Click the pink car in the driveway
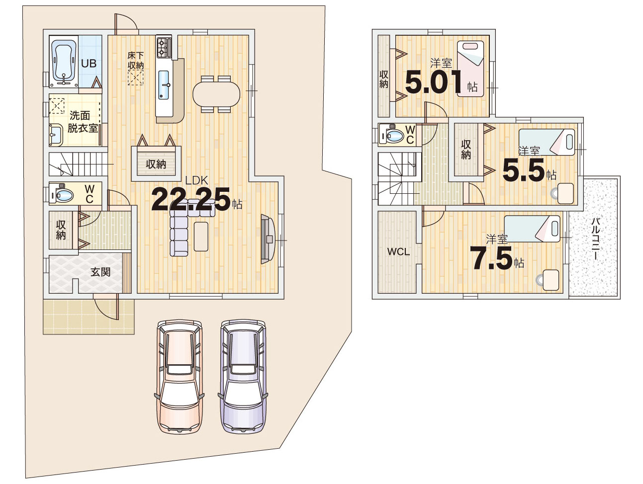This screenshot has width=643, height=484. point(180,377)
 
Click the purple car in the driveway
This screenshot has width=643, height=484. point(243,377)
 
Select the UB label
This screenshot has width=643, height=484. point(89,64)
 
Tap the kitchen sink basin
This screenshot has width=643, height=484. point(164,85)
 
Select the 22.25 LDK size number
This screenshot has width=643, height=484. point(190,199)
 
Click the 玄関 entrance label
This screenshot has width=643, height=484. point(100,272)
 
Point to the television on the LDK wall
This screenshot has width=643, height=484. point(268,239)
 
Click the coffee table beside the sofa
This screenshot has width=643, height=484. point(201,237)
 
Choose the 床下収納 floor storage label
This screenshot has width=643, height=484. point(136,60)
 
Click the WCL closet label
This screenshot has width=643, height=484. point(398,251)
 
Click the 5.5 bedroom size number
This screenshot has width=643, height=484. point(524,170)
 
